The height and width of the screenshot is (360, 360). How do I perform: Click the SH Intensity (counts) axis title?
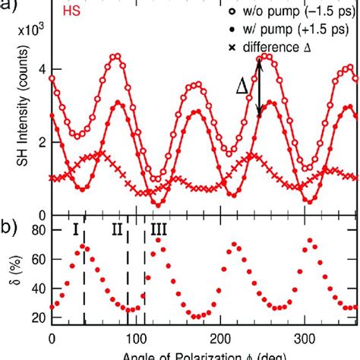point(14,125)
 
